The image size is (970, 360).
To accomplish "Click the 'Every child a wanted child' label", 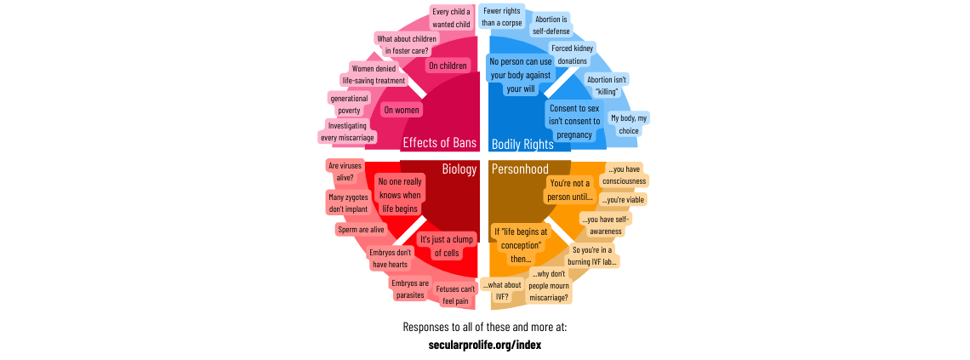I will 451,18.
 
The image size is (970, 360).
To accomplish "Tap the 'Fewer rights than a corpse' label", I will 502,16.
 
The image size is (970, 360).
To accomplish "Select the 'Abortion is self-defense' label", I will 551,25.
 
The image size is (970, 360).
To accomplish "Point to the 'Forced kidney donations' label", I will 572,54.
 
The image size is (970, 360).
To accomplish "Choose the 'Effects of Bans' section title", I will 439,142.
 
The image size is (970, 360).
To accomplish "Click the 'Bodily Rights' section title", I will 522,144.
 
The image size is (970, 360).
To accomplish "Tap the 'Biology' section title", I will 459,169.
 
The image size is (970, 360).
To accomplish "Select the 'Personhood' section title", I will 520,169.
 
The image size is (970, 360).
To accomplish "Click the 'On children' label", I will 448,66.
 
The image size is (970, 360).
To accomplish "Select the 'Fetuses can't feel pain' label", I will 455,294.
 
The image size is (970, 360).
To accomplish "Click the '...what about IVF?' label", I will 501,290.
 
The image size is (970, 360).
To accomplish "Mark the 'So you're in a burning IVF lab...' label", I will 595,255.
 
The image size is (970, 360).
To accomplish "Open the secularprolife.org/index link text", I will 485,345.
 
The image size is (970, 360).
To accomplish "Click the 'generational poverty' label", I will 348,104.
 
